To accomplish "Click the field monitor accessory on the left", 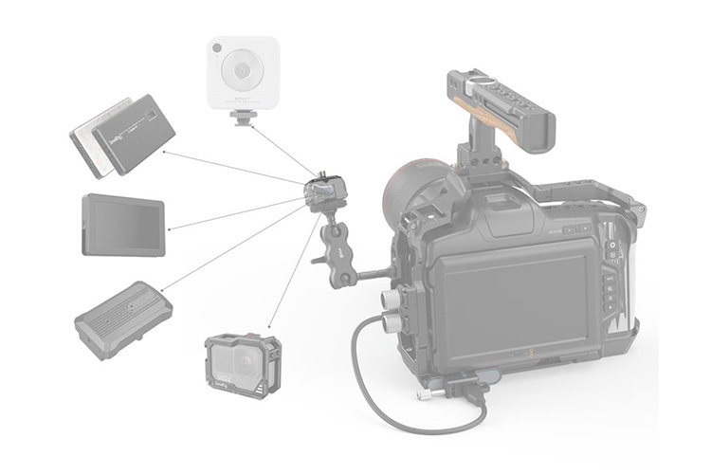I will (x=123, y=225).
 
